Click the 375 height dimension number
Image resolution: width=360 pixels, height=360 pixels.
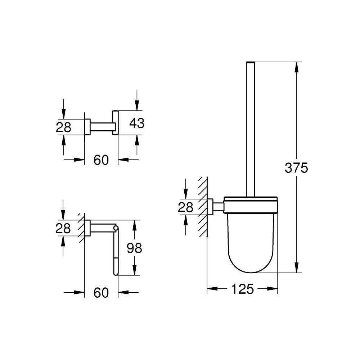point(296,168)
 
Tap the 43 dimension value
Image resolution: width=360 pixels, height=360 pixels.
point(136,123)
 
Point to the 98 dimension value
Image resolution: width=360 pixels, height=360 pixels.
point(134,248)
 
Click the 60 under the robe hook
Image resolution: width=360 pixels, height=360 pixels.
point(101,160)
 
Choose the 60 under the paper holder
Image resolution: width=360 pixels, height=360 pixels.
point(101,293)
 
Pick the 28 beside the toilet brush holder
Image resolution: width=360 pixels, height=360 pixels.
point(185,207)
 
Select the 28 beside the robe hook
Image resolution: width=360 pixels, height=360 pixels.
point(64,127)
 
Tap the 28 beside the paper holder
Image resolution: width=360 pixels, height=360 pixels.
point(63,229)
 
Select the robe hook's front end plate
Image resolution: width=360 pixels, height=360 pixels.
point(115,122)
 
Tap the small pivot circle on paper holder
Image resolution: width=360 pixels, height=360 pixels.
point(116,228)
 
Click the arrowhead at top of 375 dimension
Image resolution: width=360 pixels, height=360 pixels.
point(296,67)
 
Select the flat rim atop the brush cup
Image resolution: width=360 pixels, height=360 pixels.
point(251,198)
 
